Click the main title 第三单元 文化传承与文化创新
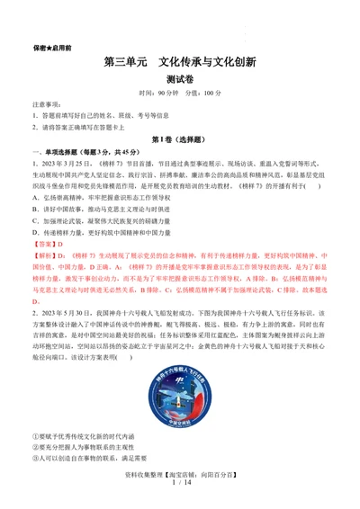click(180, 63)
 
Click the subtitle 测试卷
click(180, 79)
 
